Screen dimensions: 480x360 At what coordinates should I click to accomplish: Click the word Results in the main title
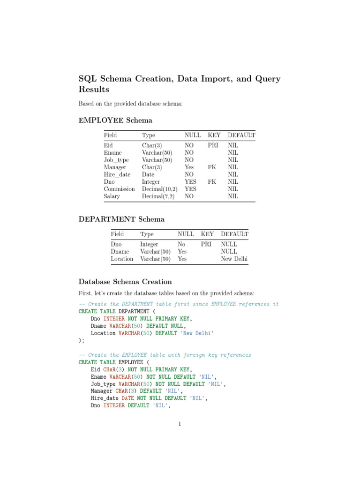[x=94, y=89]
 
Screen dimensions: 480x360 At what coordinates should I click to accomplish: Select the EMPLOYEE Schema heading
[x=115, y=120]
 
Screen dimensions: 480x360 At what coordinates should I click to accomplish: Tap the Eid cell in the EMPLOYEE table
[x=108, y=146]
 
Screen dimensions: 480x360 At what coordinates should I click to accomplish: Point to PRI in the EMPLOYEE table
[x=214, y=146]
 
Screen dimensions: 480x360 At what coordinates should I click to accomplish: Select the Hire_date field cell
[x=117, y=174]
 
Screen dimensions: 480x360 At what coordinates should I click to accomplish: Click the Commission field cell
[x=119, y=189]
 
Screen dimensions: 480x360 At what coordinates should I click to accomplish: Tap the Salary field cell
[x=112, y=196]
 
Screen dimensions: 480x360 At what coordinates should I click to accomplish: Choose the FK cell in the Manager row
[x=212, y=167]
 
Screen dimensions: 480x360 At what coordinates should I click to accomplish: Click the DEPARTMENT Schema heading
[x=121, y=219]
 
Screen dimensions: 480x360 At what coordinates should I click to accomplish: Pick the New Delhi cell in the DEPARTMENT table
[x=234, y=259]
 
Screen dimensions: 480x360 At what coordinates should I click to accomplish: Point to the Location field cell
[x=122, y=259]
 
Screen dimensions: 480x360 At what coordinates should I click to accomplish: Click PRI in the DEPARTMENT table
[x=207, y=244]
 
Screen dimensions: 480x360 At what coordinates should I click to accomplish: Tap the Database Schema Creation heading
[x=125, y=282]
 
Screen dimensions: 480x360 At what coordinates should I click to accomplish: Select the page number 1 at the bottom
[x=180, y=425]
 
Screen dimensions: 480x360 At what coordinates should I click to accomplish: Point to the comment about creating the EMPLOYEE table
[x=165, y=355]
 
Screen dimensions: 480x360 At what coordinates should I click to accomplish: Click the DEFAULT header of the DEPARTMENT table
[x=234, y=234]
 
